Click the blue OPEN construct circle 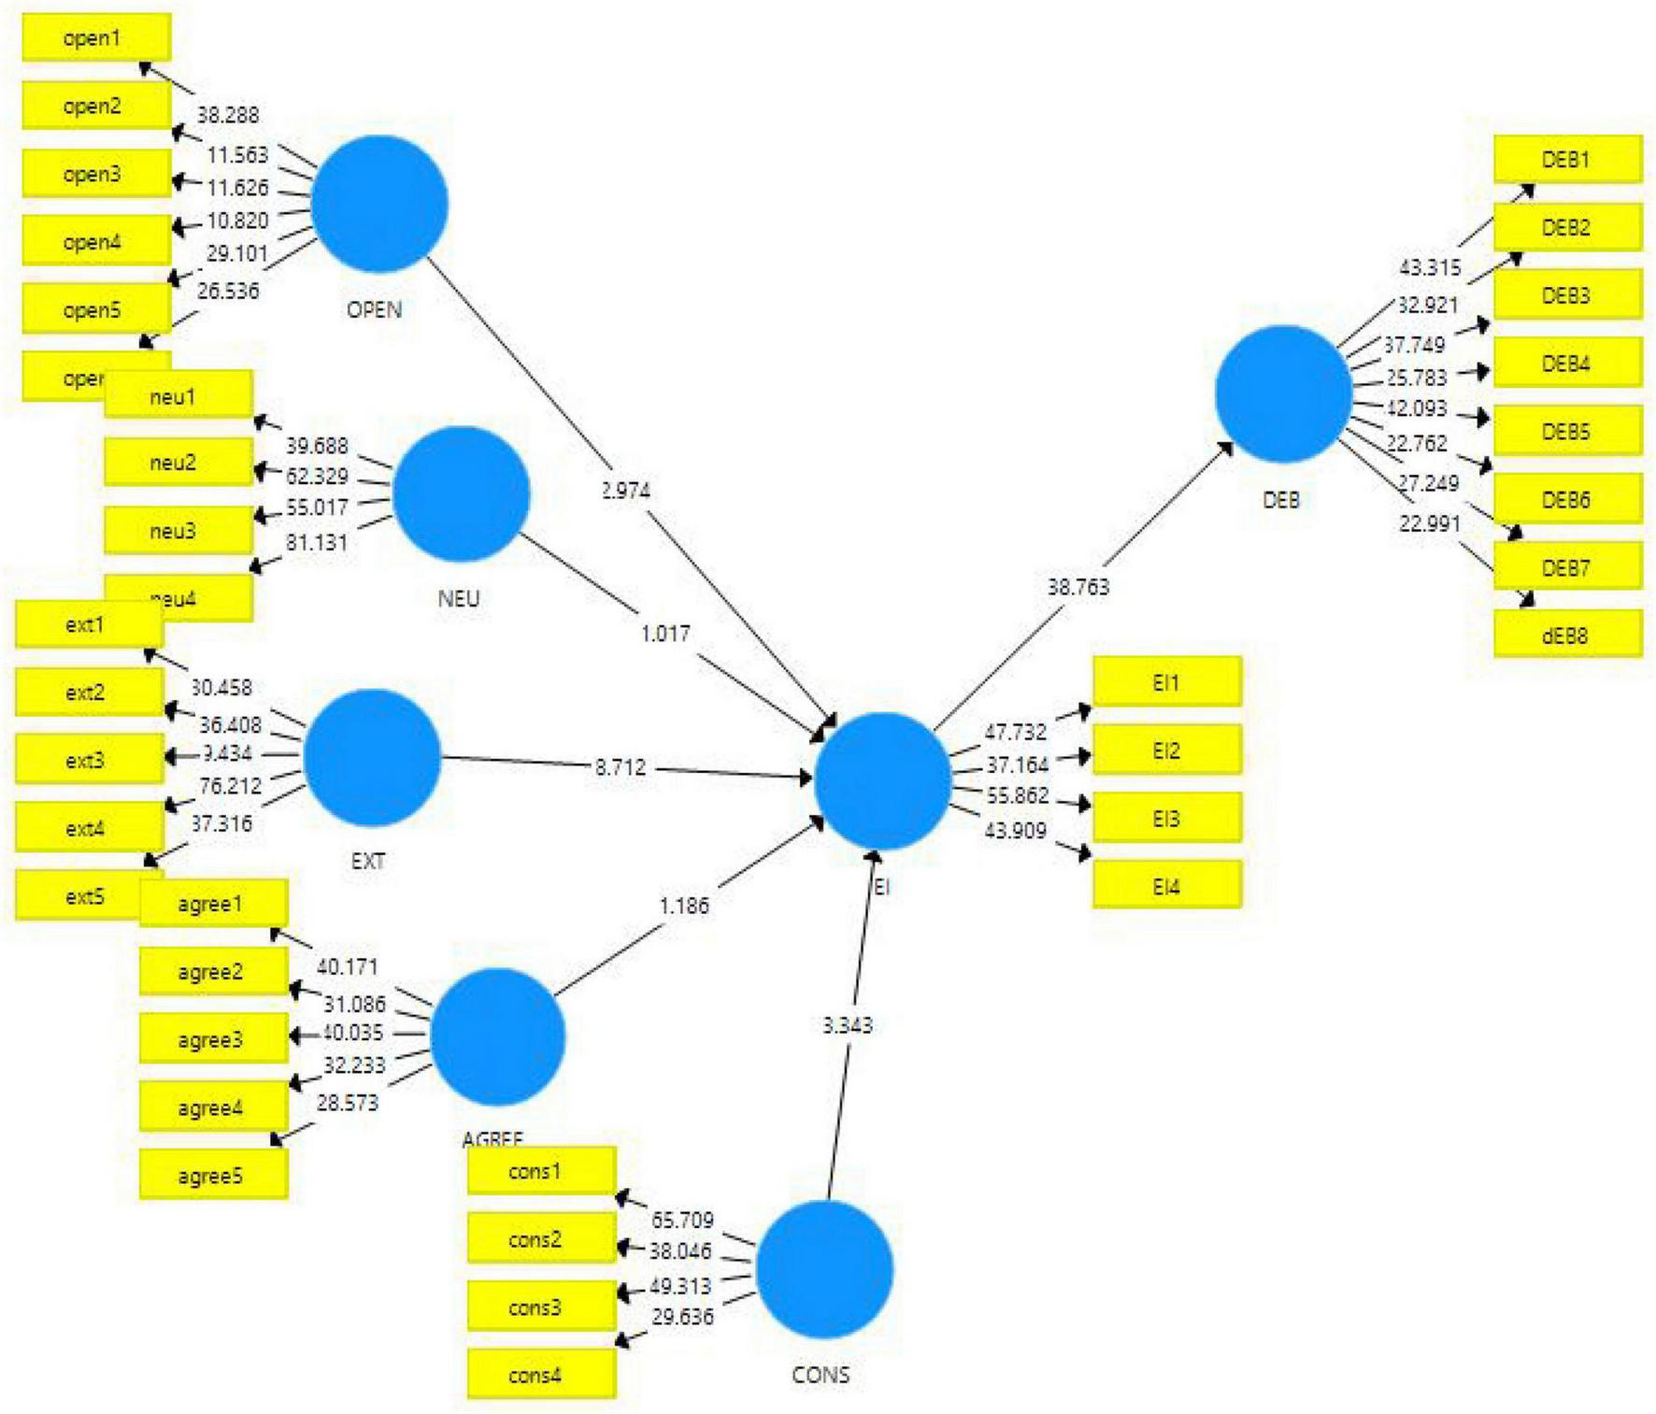(379, 204)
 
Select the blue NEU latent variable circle (462, 494)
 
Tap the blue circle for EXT (372, 758)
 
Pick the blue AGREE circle (498, 1036)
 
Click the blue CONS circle (824, 1269)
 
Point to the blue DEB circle (1283, 393)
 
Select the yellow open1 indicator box (96, 38)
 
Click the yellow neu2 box (178, 463)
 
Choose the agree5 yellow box (214, 1176)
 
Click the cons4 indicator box (541, 1375)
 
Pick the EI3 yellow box (1167, 819)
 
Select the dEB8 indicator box (1567, 636)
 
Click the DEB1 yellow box (1567, 160)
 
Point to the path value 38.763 (1078, 587)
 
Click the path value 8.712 (621, 767)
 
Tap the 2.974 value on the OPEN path (626, 490)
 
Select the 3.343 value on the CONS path (848, 1025)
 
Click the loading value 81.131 (317, 542)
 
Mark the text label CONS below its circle (821, 1375)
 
